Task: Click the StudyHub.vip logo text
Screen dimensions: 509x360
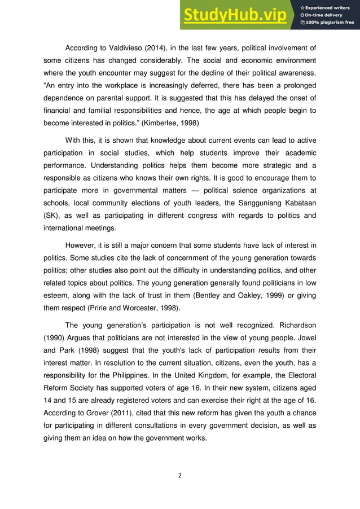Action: (238, 15)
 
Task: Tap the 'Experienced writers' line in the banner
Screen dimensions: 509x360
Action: (327, 6)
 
